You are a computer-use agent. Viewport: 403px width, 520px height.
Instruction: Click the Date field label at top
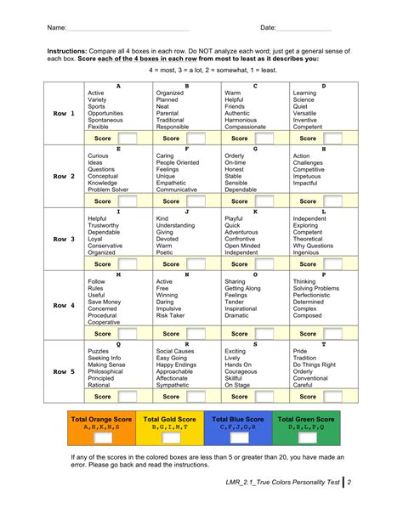pos(270,29)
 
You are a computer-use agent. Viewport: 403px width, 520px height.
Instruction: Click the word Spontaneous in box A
pos(106,120)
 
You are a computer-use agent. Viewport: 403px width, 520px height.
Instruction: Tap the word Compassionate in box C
pos(248,127)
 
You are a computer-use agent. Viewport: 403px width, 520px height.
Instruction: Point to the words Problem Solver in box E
pos(108,189)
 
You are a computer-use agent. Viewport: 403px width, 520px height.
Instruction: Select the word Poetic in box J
pos(166,252)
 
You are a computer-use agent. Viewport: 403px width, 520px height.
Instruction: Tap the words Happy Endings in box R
pos(179,365)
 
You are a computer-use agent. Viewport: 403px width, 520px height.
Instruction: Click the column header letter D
pos(323,86)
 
